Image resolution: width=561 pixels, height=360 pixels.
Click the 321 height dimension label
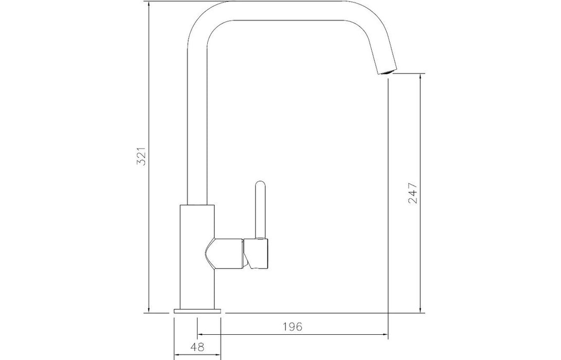tap(142, 156)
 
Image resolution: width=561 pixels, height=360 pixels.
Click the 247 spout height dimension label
tap(413, 193)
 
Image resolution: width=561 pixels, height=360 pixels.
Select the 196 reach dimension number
tap(293, 327)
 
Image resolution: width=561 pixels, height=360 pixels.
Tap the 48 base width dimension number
tap(197, 347)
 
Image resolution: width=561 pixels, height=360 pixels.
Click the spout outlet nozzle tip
tap(386, 71)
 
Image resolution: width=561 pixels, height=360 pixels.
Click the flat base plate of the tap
tap(197, 311)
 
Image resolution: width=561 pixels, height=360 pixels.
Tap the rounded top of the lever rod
tap(261, 184)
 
